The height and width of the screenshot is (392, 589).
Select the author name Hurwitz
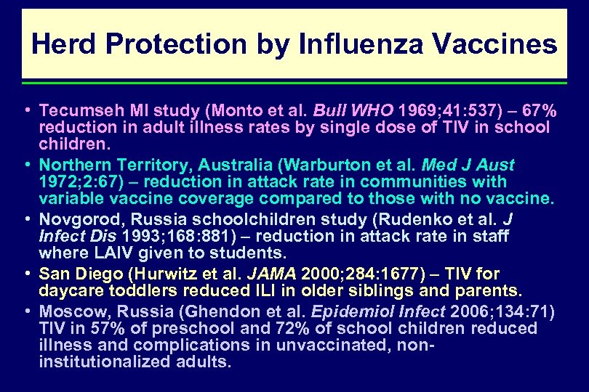tap(169, 274)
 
